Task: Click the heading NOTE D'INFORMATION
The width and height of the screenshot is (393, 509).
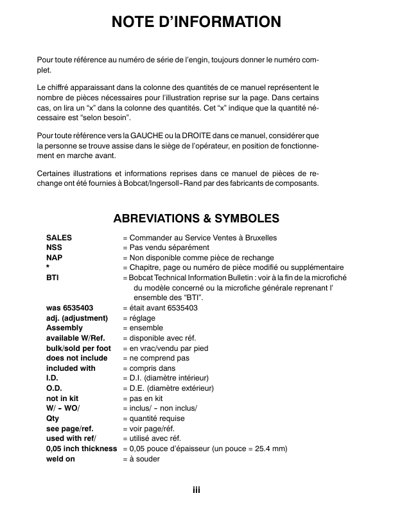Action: pos(197,22)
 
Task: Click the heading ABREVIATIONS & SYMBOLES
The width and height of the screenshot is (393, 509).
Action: pos(197,218)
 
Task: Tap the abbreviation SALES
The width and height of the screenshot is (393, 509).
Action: pos(59,238)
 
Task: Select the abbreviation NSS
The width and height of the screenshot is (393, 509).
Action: pos(54,247)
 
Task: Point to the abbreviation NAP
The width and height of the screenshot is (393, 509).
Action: pos(54,258)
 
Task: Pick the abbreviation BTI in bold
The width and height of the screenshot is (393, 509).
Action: pos(52,278)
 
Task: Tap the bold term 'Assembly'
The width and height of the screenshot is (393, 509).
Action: pos(65,328)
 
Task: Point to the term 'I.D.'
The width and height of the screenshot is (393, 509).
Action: pos(53,379)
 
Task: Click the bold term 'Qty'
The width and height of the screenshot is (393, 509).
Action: pos(53,418)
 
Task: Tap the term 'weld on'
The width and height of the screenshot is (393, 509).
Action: pos(61,459)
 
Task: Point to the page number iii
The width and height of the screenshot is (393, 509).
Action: pos(197,490)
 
